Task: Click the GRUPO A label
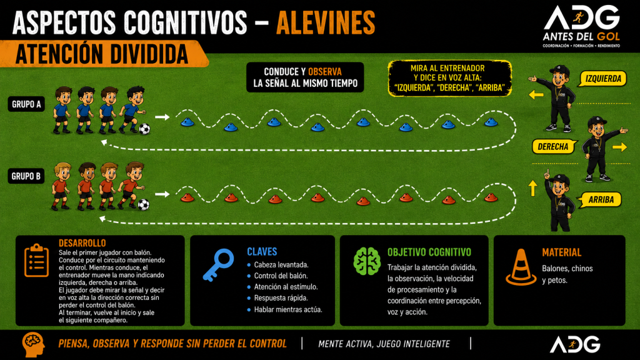click(x=26, y=104)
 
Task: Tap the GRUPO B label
click(x=26, y=176)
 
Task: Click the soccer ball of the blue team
click(x=144, y=129)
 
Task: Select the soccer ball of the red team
click(x=143, y=204)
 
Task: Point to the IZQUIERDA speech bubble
click(x=602, y=79)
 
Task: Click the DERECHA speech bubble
click(x=554, y=146)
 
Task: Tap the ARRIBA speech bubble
click(x=600, y=199)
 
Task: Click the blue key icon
click(x=218, y=265)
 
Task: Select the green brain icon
click(x=367, y=261)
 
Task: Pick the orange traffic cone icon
click(x=521, y=267)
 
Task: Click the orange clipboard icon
click(x=36, y=261)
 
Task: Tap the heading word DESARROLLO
click(x=82, y=243)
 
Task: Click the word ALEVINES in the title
click(x=326, y=23)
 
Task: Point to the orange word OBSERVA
click(x=325, y=72)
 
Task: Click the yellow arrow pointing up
click(x=532, y=188)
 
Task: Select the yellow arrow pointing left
click(x=536, y=95)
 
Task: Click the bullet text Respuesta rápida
click(x=281, y=298)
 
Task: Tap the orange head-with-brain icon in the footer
click(x=33, y=344)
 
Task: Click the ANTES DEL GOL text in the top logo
click(x=581, y=37)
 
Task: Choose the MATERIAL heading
click(x=562, y=252)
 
